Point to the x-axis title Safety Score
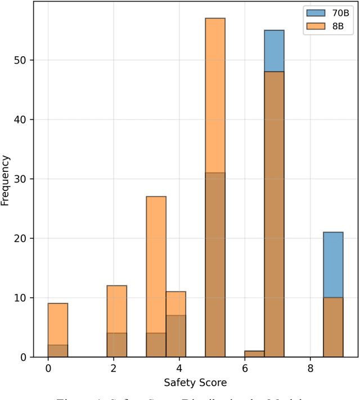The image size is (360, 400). (x=195, y=383)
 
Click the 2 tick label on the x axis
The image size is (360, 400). (x=114, y=369)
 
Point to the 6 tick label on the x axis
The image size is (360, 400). (x=245, y=369)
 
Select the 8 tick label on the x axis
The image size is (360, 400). (x=310, y=369)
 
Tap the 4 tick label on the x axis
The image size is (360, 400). (x=179, y=369)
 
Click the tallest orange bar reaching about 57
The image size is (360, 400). (x=215, y=96)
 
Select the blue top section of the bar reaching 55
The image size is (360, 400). (x=274, y=51)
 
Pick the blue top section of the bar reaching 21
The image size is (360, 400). (x=333, y=265)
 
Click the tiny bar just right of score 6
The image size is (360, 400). (x=254, y=354)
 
